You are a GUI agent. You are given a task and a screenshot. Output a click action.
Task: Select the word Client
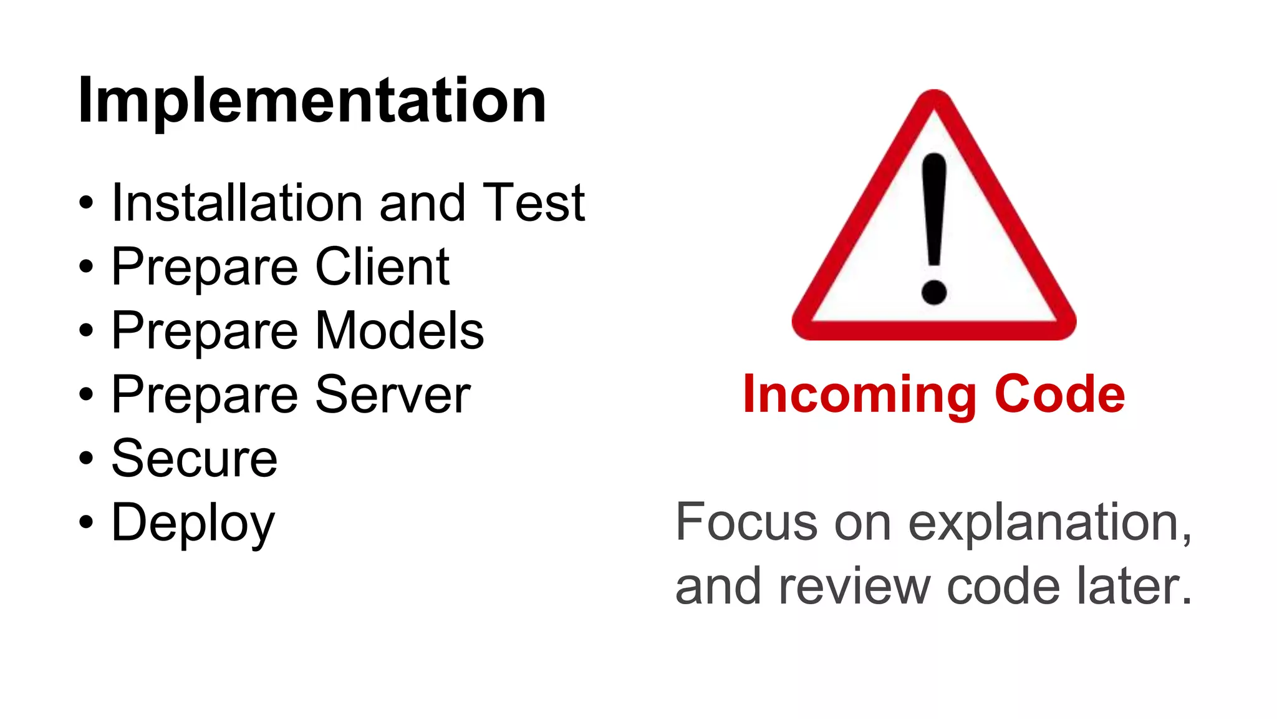382,267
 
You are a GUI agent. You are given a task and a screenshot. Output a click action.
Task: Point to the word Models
400,330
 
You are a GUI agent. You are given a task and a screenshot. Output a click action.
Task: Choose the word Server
393,394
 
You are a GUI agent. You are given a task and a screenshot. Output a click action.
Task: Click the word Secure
195,459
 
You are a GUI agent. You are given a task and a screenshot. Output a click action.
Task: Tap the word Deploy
193,523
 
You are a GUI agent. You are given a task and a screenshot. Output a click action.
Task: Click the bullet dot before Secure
86,459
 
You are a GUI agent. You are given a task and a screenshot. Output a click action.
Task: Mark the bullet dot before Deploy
86,522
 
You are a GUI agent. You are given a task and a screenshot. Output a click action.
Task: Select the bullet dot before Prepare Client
86,267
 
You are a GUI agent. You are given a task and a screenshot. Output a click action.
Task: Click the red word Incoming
859,395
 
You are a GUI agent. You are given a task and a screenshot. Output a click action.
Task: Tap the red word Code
1059,394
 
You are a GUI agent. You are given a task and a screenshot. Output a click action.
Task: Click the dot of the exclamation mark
934,291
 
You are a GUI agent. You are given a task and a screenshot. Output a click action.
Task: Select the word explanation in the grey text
1050,523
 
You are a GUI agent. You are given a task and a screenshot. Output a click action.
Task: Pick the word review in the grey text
854,587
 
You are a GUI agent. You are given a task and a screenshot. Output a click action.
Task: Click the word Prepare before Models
205,331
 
